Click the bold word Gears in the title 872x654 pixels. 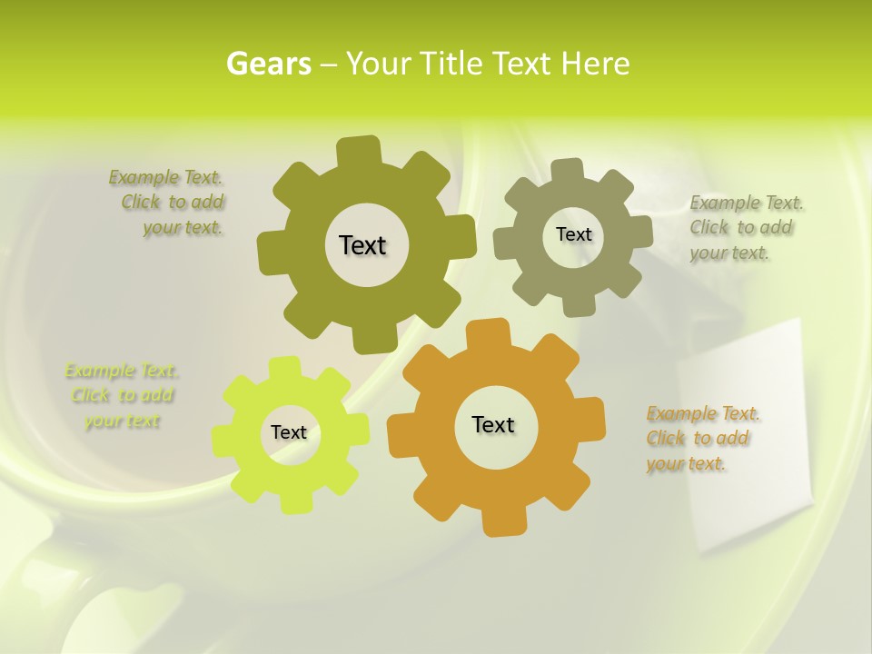pos(269,64)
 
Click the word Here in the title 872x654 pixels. pos(595,64)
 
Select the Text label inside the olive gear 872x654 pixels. pos(362,245)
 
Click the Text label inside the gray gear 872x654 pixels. pos(573,234)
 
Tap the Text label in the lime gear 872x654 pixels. pos(289,432)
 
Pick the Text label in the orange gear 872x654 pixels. pos(493,424)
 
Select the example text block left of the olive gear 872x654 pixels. pos(167,203)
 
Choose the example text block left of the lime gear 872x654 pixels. pos(122,396)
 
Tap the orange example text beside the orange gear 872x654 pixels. pos(702,439)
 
